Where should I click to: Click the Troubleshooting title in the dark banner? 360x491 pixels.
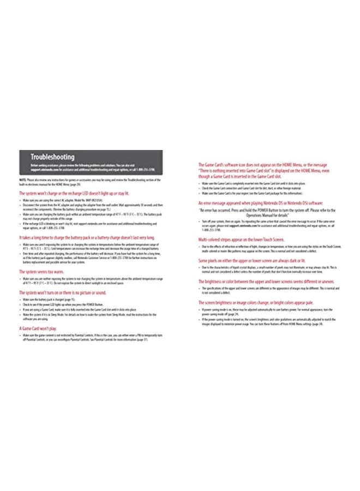tap(52, 157)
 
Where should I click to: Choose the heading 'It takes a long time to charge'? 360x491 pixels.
tap(87, 238)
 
